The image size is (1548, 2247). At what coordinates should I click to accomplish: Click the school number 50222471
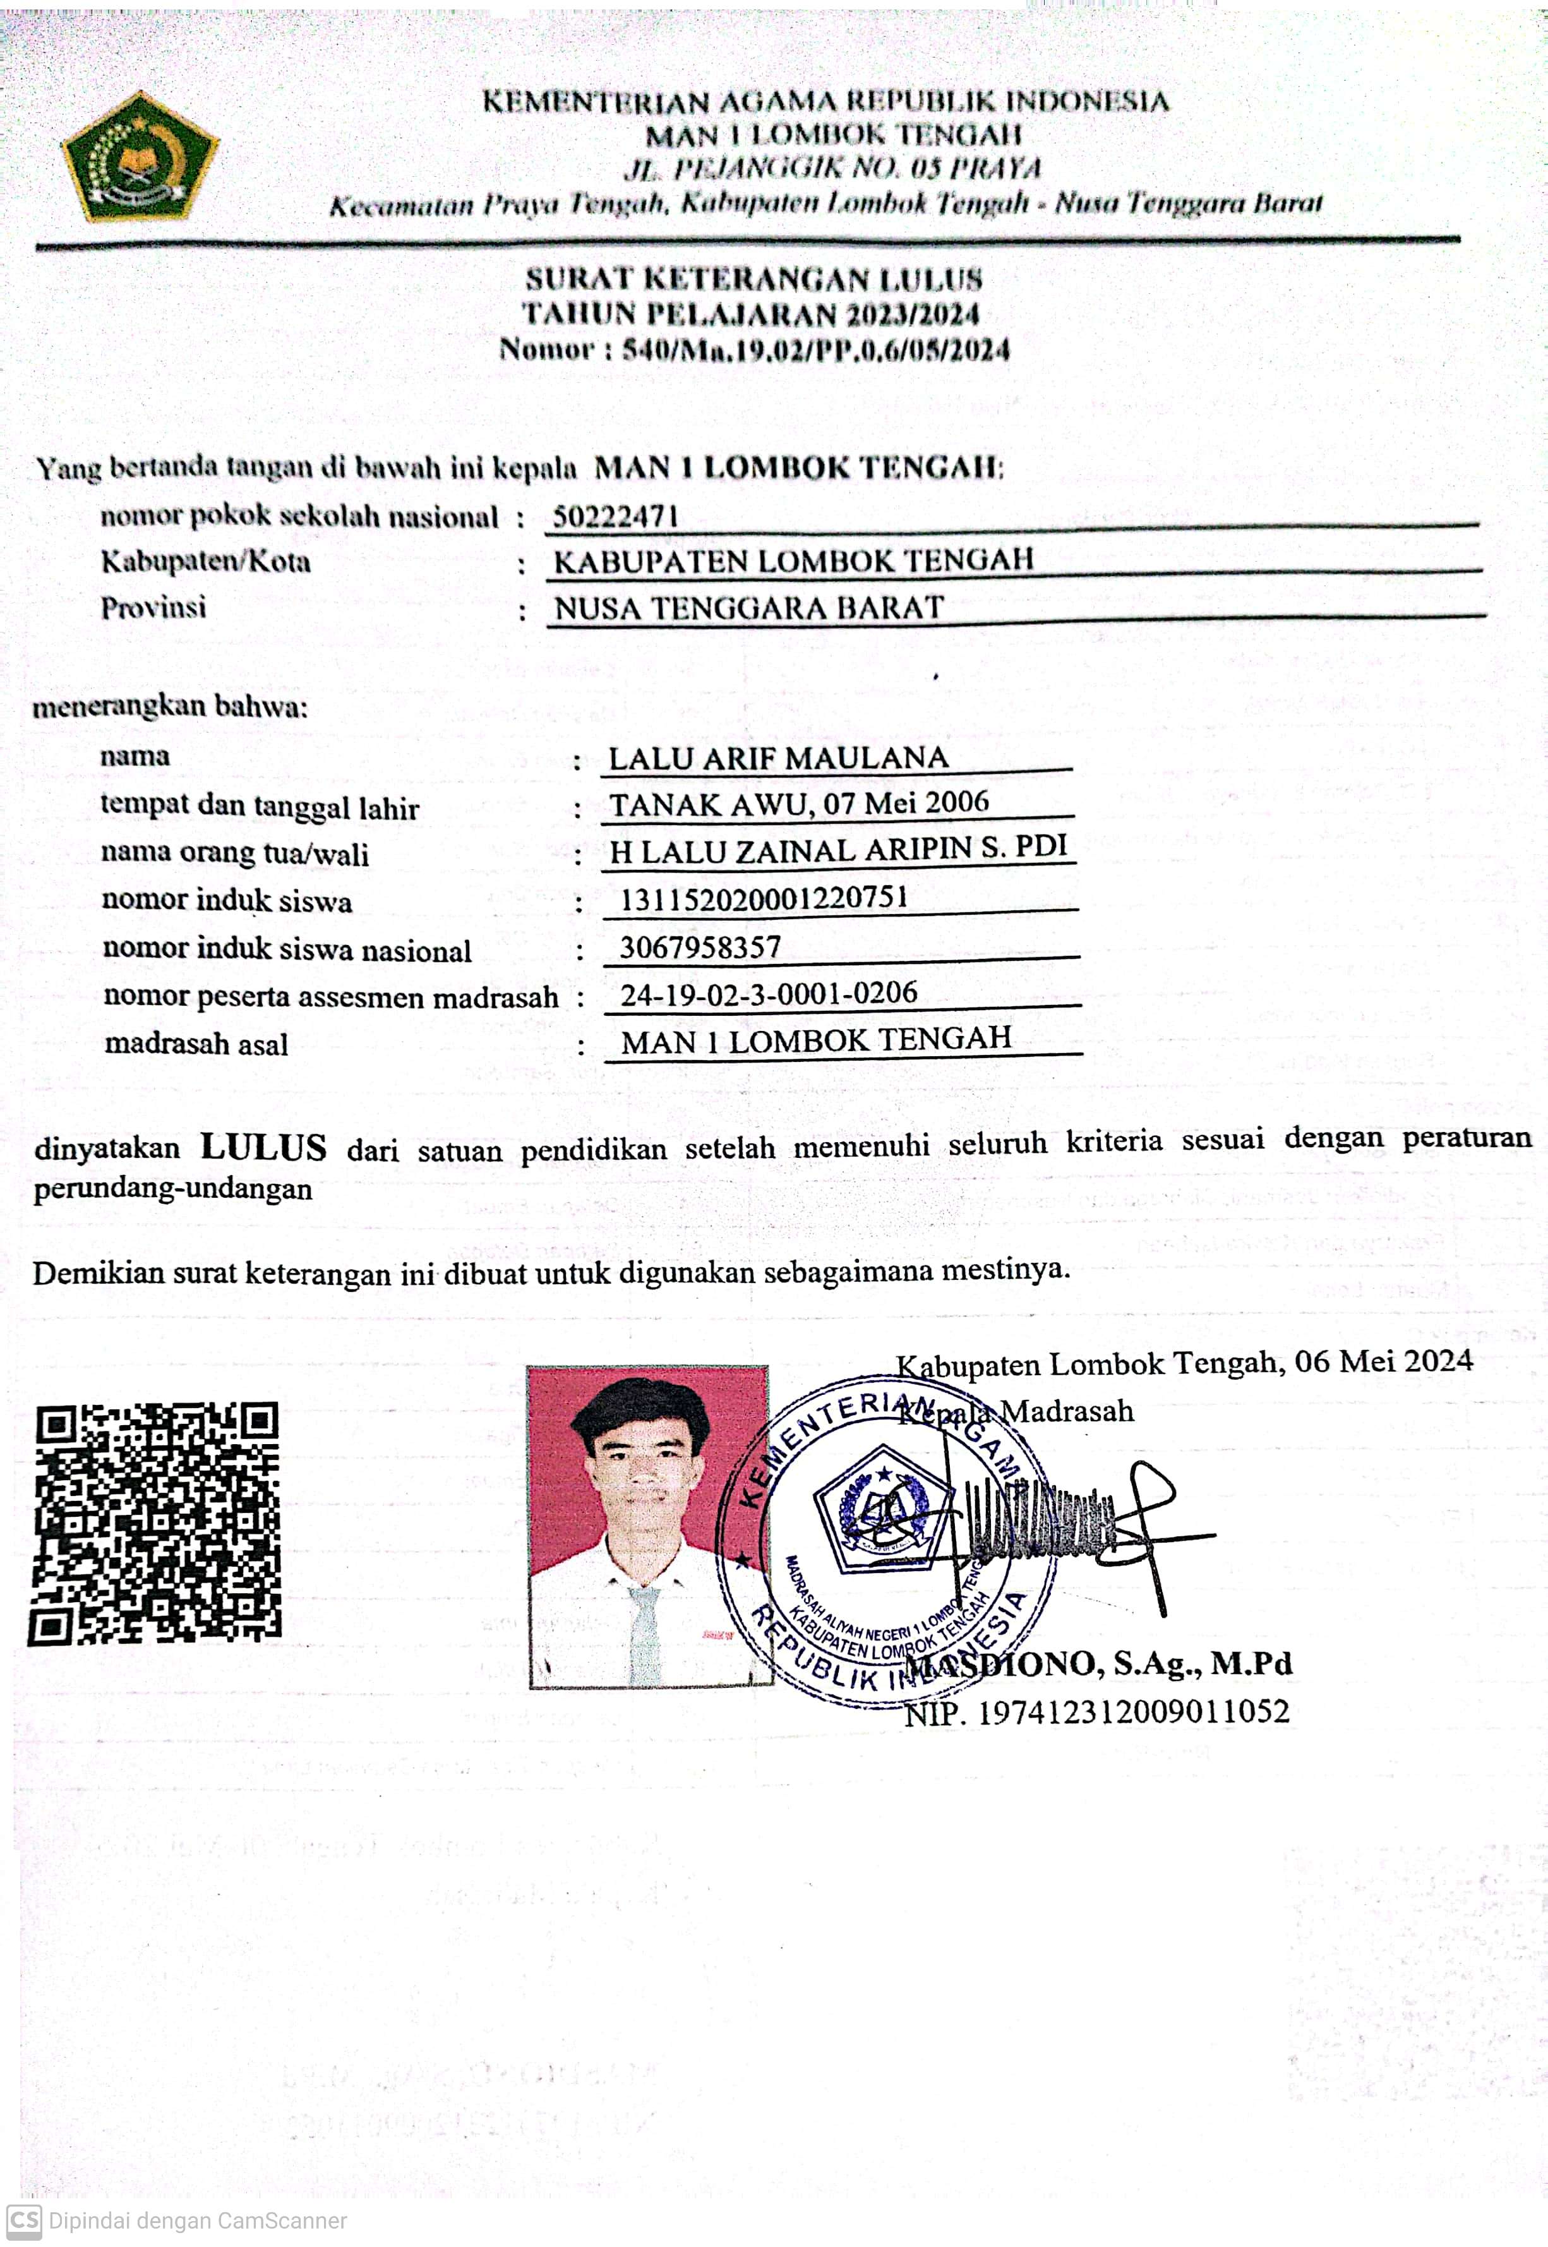[615, 516]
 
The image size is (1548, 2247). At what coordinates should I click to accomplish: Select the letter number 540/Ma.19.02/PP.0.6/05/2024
[815, 349]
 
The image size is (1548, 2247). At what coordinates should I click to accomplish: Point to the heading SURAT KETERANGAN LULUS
[753, 279]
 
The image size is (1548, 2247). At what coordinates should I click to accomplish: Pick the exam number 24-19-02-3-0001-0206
[768, 994]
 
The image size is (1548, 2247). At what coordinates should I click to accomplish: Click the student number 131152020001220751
[764, 898]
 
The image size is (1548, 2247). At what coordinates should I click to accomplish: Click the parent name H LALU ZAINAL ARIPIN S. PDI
[838, 850]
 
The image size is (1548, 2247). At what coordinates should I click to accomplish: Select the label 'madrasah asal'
[196, 1044]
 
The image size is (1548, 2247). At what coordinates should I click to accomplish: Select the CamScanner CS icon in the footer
[24, 2220]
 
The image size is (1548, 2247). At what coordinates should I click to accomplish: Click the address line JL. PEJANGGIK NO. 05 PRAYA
[832, 169]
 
